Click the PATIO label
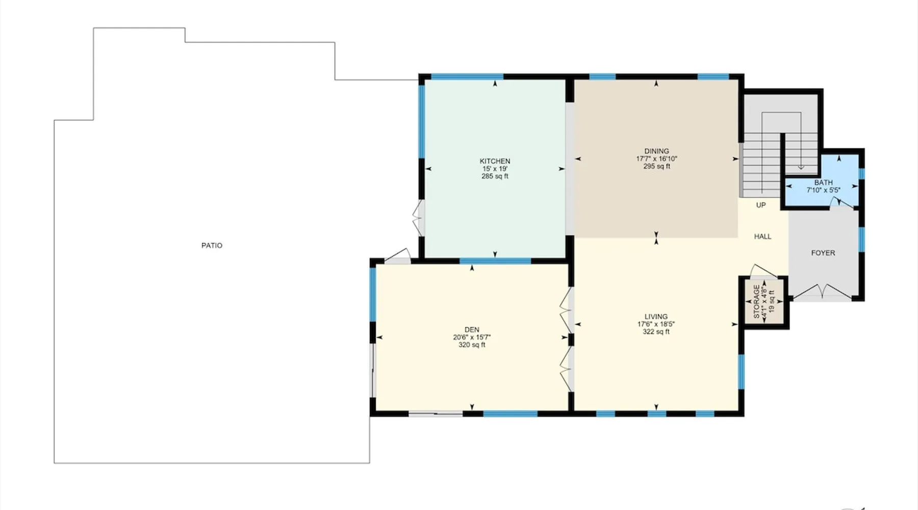pyautogui.click(x=212, y=245)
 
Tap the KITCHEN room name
pyautogui.click(x=495, y=161)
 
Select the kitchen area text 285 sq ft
pyautogui.click(x=495, y=176)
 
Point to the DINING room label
pyautogui.click(x=656, y=151)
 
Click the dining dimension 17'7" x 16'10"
pyautogui.click(x=656, y=159)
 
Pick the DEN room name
pyautogui.click(x=472, y=330)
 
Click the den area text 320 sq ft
pyautogui.click(x=472, y=345)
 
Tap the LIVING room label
pyautogui.click(x=656, y=317)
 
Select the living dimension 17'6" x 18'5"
pyautogui.click(x=656, y=324)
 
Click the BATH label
pyautogui.click(x=823, y=183)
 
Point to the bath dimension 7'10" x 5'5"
pyautogui.click(x=823, y=190)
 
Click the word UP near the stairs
pyautogui.click(x=761, y=205)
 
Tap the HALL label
pyautogui.click(x=762, y=237)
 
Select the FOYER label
pyautogui.click(x=823, y=253)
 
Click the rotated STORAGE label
pyautogui.click(x=756, y=302)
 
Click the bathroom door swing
pyautogui.click(x=843, y=203)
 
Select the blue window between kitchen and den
pyautogui.click(x=495, y=261)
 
